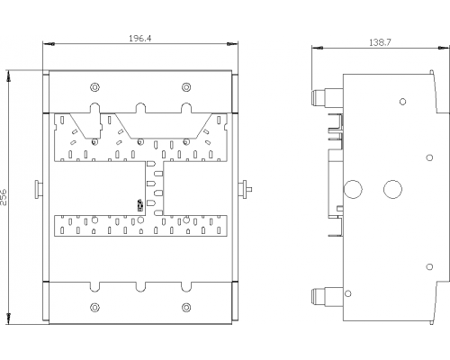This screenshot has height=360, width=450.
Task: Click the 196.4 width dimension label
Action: click(140, 39)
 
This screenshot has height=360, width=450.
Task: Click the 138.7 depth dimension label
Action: click(380, 42)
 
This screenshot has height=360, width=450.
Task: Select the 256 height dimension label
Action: click(4, 197)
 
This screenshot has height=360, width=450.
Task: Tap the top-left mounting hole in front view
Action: click(94, 87)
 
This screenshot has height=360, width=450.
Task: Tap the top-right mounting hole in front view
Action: click(186, 87)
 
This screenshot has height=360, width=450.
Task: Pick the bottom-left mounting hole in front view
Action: click(94, 308)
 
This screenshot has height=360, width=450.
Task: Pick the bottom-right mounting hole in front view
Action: click(186, 308)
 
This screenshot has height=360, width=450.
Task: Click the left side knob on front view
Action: click(39, 189)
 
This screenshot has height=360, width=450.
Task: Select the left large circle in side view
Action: click(353, 189)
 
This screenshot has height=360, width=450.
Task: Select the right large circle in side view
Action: click(392, 189)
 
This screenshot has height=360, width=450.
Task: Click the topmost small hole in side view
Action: click(403, 102)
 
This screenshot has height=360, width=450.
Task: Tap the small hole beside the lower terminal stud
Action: click(348, 293)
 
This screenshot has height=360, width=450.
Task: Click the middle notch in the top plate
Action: click(140, 108)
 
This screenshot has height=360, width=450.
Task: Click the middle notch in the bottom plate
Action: click(140, 287)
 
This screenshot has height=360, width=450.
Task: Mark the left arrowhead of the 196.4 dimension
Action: click(49, 44)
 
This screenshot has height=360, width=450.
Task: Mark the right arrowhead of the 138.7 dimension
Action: click(444, 48)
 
